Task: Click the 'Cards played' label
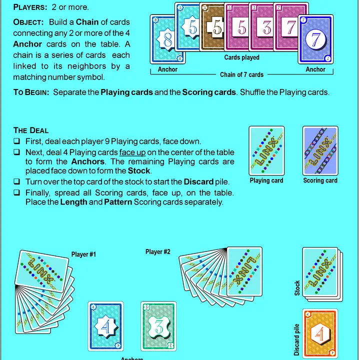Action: pos(241,57)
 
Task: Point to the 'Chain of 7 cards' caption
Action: pos(241,75)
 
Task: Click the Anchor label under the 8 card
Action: pos(167,69)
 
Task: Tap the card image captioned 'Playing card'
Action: pos(266,150)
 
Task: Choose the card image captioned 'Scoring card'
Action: pos(320,150)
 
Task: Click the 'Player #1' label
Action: pos(83,254)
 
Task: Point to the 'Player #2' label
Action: pos(157,251)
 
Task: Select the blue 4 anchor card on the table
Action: pos(106,326)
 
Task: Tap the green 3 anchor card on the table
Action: pos(158,326)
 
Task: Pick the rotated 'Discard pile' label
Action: pos(296,338)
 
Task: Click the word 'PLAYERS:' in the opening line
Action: pos(31,7)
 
